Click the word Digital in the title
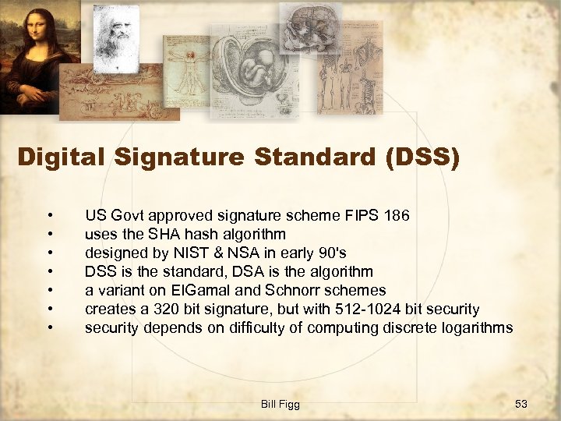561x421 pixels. tap(62, 157)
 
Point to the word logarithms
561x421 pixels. tap(475, 327)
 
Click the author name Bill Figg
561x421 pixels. tap(280, 404)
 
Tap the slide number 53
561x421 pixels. tap(521, 404)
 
